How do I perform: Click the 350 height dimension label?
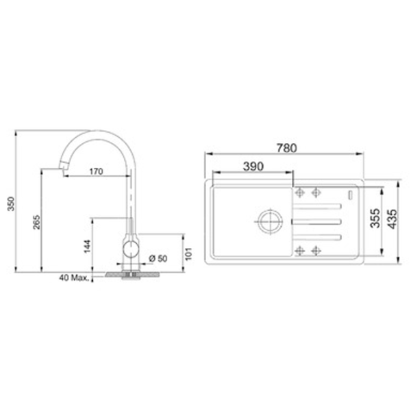point(11,203)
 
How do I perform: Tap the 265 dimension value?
point(36,222)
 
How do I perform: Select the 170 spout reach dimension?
point(96,171)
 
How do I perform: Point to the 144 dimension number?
point(87,246)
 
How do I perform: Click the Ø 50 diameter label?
point(158,258)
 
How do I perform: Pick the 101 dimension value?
point(188,253)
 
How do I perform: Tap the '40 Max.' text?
point(74,278)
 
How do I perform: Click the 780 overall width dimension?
point(287,148)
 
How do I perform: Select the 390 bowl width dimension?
point(253,166)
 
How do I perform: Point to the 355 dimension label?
point(375,218)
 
